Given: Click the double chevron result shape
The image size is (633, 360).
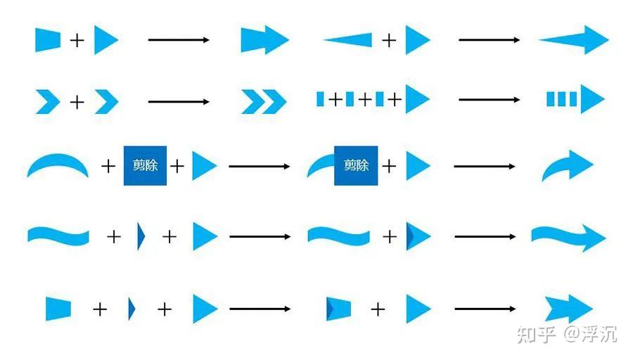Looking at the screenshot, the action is click(x=264, y=102).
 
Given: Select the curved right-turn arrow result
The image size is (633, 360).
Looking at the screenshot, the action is click(x=567, y=165).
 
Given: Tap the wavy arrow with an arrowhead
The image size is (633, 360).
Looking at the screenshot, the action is click(x=569, y=238).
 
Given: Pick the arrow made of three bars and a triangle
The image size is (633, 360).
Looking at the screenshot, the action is click(x=575, y=99).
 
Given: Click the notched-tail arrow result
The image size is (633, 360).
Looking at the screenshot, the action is click(x=569, y=309).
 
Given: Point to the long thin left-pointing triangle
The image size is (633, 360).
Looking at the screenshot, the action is click(x=348, y=40).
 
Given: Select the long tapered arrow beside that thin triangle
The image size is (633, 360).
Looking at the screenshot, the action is click(x=574, y=40).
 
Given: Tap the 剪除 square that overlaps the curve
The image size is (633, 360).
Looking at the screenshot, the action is click(x=356, y=166).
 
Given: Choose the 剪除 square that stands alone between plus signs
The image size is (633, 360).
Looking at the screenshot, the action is click(x=146, y=166).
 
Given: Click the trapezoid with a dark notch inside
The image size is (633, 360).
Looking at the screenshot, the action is click(x=338, y=309).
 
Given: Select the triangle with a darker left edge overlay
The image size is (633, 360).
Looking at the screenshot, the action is click(x=418, y=236).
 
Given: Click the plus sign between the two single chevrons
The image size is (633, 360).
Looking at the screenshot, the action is click(x=77, y=102).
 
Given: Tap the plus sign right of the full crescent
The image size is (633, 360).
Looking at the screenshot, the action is click(x=108, y=166).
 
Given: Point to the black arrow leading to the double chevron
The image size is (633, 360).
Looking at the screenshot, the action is click(x=179, y=102).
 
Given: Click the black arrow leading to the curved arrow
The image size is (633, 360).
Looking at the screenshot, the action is click(x=485, y=166).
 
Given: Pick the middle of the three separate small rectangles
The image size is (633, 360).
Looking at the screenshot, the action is click(x=350, y=99).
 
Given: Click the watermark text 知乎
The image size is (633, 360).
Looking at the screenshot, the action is click(x=536, y=335).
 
